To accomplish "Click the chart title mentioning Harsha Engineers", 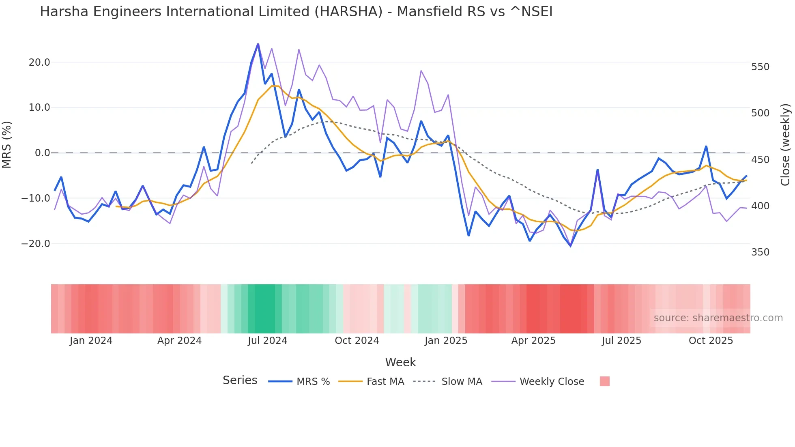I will [x=296, y=12].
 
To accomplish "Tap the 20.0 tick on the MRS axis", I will [x=39, y=62].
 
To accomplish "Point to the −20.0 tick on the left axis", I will [x=36, y=244].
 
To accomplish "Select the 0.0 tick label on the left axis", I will [x=42, y=153].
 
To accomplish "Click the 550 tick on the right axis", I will [x=760, y=67].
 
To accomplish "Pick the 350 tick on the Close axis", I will [x=760, y=252].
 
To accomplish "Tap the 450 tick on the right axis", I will [x=760, y=160].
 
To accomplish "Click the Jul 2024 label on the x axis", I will [x=267, y=341].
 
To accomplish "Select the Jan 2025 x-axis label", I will [x=446, y=341].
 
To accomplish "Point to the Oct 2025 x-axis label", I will [x=711, y=341].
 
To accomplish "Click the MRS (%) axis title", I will [x=7, y=144].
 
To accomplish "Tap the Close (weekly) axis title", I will [x=786, y=144].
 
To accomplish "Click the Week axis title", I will [x=400, y=362].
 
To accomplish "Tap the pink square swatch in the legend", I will [x=604, y=381].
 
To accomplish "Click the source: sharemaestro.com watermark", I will [x=718, y=318].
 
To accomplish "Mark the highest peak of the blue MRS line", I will [x=258, y=44].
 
